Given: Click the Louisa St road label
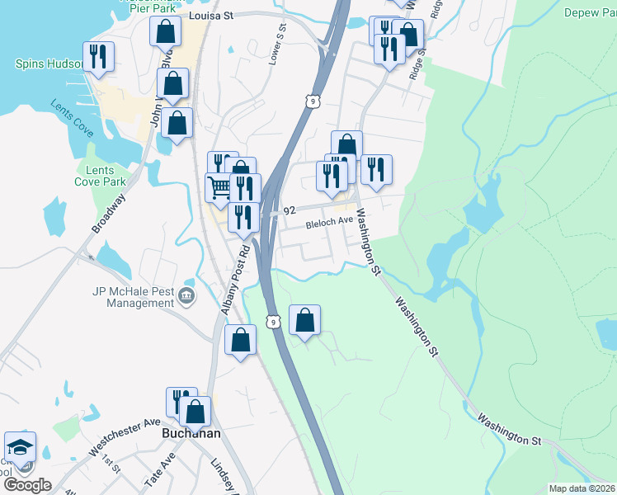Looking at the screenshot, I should [211, 15].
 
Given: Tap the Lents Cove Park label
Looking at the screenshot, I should [100, 176].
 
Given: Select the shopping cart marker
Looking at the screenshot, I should [219, 187].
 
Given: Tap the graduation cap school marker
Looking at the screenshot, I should [19, 447].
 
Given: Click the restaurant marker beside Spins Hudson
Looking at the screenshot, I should [98, 56].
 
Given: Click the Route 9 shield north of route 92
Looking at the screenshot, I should [310, 101].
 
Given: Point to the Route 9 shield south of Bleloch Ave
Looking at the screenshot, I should [272, 321].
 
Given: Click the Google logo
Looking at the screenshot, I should [27, 484].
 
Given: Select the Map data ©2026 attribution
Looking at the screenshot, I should [582, 488].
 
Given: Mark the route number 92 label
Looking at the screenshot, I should [290, 211].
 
